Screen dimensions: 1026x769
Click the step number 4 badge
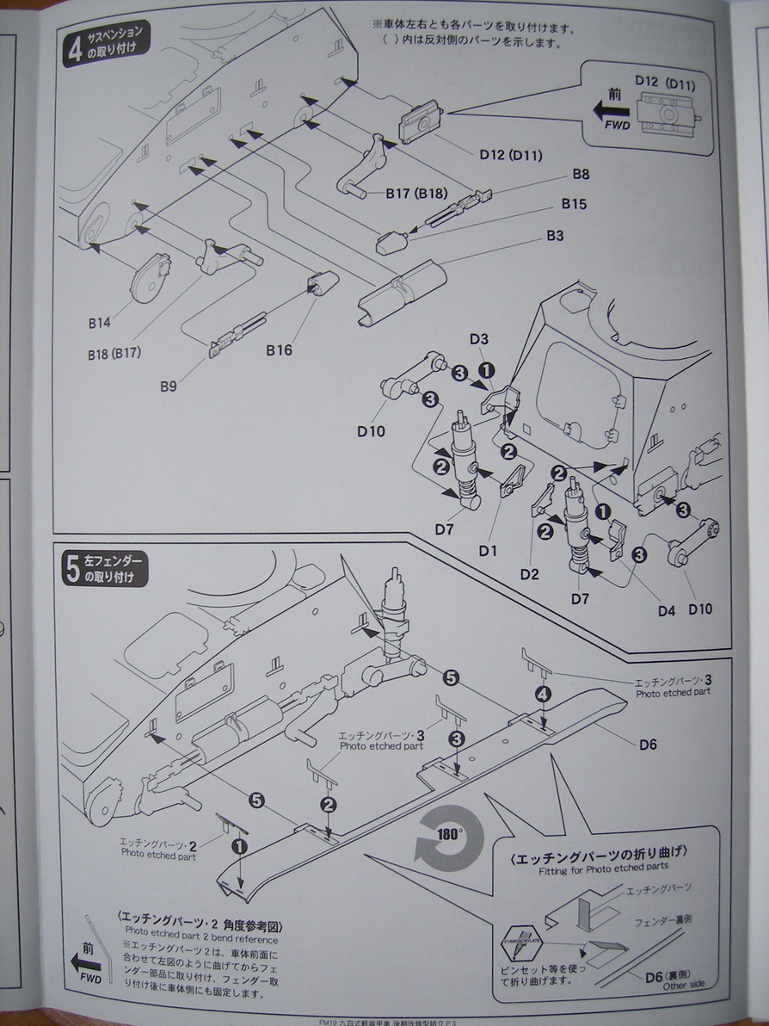[x=75, y=49]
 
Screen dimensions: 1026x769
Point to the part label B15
[x=574, y=204]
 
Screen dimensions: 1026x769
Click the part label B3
[x=554, y=235]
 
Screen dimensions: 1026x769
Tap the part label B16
[x=280, y=349]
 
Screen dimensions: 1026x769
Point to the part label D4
[x=667, y=611]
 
